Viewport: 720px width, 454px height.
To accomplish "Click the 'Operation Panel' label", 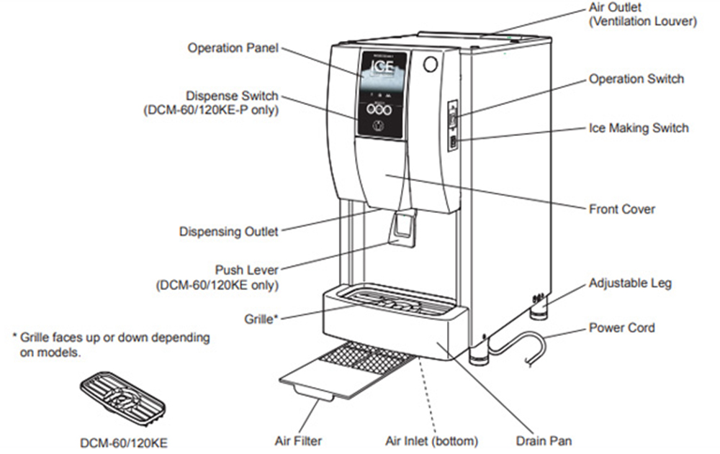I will (233, 48).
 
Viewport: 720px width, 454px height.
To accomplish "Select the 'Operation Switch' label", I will (636, 79).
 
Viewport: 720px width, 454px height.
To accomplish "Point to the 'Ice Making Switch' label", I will (639, 128).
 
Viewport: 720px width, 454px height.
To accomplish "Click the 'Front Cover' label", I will (622, 209).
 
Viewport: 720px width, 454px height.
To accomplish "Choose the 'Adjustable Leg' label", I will (630, 283).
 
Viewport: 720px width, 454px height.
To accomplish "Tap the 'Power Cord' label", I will (622, 328).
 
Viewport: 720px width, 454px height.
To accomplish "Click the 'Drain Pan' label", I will (544, 440).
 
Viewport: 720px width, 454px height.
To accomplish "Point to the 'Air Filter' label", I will (298, 440).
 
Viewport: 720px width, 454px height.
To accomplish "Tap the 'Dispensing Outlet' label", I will (228, 232).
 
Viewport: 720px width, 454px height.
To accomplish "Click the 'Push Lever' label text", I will (246, 270).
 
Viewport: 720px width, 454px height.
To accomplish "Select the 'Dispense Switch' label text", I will (232, 96).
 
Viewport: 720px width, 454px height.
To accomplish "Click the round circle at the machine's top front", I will (430, 64).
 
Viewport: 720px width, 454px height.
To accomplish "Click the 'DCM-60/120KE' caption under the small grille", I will (124, 443).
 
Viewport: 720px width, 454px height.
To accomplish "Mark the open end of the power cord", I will (533, 360).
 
